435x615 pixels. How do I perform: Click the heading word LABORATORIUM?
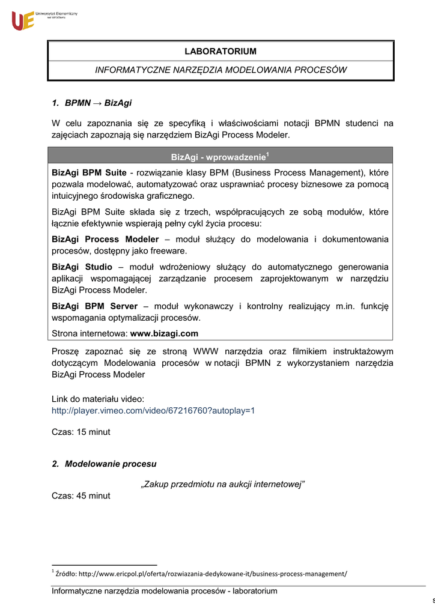[221, 52]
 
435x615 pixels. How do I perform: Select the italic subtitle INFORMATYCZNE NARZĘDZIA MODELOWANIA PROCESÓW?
[221, 70]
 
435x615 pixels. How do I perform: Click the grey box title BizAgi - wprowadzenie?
[218, 157]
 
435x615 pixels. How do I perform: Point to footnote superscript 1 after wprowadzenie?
[267, 154]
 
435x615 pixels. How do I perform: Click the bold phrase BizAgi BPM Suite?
[89, 173]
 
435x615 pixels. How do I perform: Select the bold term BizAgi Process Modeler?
[105, 239]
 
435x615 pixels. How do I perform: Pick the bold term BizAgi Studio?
[82, 267]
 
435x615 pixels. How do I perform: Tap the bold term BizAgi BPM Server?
[94, 306]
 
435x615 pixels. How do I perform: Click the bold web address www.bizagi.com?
[164, 333]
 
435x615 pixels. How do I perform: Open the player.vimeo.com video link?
[153, 411]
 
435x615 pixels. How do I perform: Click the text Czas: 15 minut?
[81, 432]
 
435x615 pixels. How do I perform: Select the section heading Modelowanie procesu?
[111, 464]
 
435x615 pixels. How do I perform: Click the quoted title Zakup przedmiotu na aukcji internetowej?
[222, 485]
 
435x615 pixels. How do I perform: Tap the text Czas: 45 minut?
[81, 495]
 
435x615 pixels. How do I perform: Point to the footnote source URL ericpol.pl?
[201, 574]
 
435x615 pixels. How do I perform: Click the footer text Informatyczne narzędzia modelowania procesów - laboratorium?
[165, 592]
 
